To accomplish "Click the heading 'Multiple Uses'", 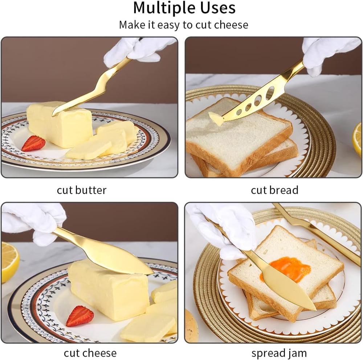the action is point(184,8).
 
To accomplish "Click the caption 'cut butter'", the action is point(82,190).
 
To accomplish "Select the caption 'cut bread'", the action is point(274,190).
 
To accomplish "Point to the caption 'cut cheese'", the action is point(90,353).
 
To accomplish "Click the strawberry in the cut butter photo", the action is point(33,143).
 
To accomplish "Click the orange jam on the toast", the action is point(286,269).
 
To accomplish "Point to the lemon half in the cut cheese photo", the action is point(9,262).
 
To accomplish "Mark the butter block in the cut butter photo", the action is point(60,124).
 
